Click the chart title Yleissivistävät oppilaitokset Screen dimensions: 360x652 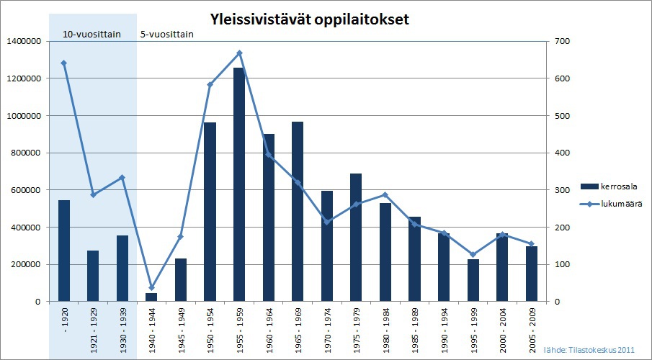[309, 19]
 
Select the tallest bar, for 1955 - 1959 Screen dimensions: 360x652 [239, 184]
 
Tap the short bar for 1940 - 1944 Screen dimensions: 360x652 [151, 297]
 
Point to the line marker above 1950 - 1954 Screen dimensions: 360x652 [210, 85]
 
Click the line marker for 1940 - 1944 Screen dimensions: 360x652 [151, 287]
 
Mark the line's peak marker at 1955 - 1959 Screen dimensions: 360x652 [239, 53]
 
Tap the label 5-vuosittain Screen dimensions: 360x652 [167, 34]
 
